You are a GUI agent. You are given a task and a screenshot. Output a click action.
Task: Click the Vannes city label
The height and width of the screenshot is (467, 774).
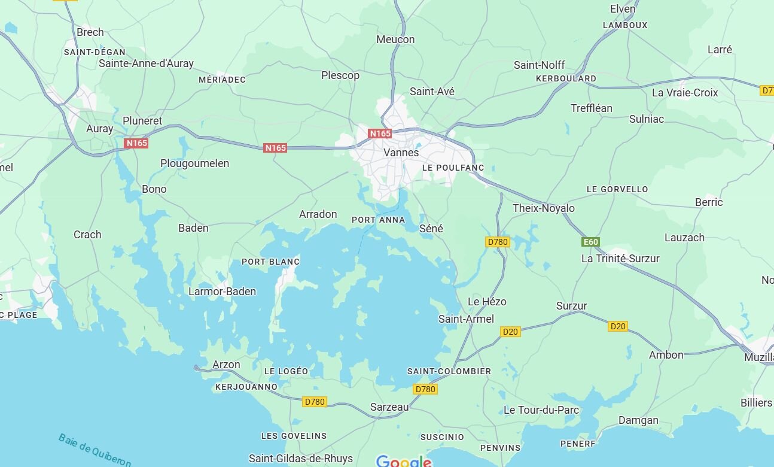pos(401,152)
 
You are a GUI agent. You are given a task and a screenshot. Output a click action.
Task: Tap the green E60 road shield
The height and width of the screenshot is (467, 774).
pos(590,242)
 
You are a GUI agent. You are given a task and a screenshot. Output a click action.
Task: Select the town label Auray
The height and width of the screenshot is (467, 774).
pos(99,129)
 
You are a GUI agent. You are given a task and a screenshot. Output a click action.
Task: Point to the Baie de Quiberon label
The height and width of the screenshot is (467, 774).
pos(95,450)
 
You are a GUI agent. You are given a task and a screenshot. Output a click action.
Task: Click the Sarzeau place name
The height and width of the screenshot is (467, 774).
pos(389,407)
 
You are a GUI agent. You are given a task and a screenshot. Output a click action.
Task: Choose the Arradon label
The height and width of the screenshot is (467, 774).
pos(318,214)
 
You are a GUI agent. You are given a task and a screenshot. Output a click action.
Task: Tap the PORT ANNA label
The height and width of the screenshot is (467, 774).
pos(378,220)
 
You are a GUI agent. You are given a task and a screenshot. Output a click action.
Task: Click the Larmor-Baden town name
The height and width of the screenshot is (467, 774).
pos(222,292)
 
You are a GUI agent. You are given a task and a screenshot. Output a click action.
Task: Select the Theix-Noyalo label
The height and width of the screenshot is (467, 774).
pos(543,208)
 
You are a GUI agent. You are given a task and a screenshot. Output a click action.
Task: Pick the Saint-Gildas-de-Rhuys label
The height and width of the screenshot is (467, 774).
pos(300,459)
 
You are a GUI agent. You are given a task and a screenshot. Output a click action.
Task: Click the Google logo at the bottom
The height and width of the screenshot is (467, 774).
pos(404,461)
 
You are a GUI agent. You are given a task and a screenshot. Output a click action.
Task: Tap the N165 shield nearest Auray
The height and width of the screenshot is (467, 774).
pos(136,143)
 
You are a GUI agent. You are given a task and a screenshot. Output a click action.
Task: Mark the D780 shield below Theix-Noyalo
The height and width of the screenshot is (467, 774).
pos(497,242)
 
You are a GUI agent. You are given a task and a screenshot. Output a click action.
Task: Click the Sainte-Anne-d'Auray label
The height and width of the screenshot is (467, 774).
pos(146,63)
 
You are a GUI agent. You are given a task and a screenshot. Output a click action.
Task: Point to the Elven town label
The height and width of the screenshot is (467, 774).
pos(622,8)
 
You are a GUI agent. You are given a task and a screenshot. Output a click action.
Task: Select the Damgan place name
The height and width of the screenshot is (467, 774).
pos(638,420)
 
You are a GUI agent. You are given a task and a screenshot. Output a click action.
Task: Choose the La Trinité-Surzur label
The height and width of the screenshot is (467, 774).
pos(620,259)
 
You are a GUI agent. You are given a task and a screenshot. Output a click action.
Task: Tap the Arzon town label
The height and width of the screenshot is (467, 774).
pos(226,365)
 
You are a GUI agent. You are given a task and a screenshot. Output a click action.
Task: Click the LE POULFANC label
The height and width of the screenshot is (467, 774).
pos(453,168)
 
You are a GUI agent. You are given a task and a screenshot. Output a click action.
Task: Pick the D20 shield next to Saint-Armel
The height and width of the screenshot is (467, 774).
pos(510,332)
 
